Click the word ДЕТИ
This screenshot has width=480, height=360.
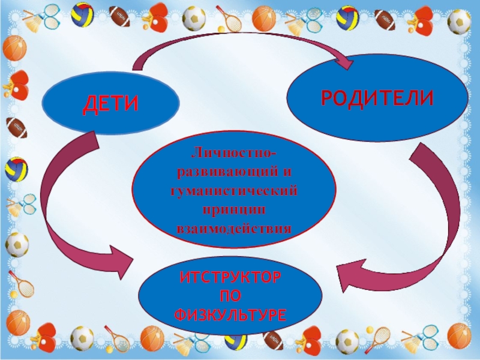[110, 104]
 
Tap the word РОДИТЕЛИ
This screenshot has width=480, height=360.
[377, 98]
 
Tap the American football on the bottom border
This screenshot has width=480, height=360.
[274, 340]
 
